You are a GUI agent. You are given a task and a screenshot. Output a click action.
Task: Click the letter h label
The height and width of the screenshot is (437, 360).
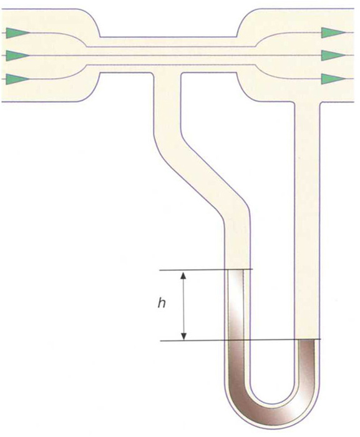(x=162, y=303)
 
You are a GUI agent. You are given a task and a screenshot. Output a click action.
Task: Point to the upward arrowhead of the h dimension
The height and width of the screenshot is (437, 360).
(x=183, y=276)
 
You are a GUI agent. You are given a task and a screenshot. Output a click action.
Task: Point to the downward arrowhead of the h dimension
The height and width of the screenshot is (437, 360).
(x=183, y=336)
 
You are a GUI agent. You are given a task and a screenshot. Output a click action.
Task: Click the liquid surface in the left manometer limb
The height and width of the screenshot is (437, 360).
(x=236, y=270)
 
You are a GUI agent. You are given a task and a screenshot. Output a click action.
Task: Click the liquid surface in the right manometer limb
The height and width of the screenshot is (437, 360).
(x=307, y=340)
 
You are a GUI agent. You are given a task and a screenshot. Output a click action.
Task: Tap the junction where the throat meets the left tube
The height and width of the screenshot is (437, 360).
(x=167, y=73)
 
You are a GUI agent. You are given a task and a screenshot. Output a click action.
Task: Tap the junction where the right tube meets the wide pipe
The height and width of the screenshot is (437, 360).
(x=307, y=102)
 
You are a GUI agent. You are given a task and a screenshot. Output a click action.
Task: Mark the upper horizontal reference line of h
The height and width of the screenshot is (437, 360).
(x=206, y=270)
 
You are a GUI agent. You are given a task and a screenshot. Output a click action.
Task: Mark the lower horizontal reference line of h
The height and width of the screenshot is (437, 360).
(x=240, y=340)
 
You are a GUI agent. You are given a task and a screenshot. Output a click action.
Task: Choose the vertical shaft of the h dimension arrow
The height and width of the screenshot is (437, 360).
(x=183, y=306)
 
